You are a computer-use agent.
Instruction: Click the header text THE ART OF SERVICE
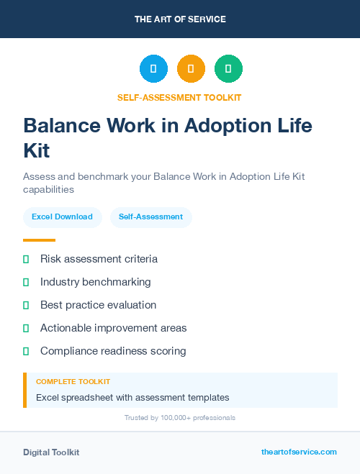pos(180,19)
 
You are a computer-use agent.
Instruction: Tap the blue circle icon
pos(153,69)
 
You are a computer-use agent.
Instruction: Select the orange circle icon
pos(191,69)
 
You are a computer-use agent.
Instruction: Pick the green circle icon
pos(228,69)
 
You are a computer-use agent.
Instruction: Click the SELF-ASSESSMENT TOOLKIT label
pos(180,97)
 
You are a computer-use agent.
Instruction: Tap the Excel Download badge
pos(62,217)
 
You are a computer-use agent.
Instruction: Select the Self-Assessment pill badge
pos(150,217)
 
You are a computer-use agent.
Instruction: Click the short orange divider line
pos(39,240)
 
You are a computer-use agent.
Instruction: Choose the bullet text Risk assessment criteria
pos(99,259)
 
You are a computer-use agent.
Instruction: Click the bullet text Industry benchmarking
pos(95,282)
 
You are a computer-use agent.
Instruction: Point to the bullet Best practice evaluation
pos(98,305)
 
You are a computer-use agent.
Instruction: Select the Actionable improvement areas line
pos(113,328)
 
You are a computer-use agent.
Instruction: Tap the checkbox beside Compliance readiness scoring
pos(26,351)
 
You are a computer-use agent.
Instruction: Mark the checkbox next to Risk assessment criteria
pos(26,259)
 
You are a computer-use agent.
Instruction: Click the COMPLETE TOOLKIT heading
pos(73,382)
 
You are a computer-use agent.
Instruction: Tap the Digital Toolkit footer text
pos(51,452)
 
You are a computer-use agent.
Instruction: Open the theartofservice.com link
pos(299,452)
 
